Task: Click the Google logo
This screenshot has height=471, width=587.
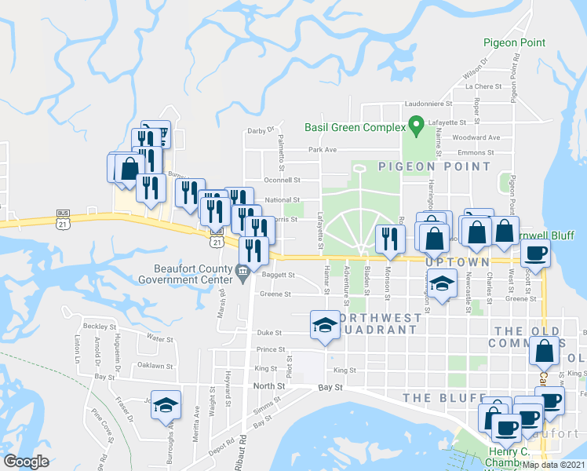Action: click(x=26, y=462)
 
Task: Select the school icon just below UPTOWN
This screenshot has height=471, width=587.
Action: click(x=443, y=284)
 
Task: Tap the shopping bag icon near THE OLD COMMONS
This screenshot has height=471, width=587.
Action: click(x=543, y=351)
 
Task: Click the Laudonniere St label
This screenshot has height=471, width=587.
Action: click(x=428, y=103)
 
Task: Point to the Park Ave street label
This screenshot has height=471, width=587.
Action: click(x=322, y=149)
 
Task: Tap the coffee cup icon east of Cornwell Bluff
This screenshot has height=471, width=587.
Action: click(x=537, y=253)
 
